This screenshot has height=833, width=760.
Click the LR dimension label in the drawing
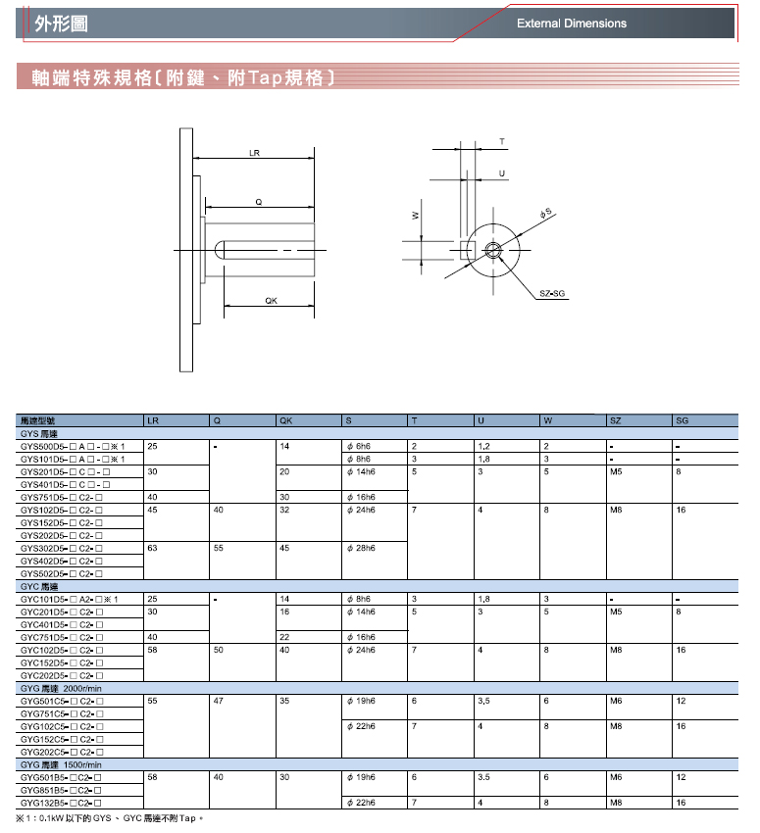click(x=254, y=154)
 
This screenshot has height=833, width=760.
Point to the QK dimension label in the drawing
click(x=270, y=301)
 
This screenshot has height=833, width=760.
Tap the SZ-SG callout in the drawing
click(x=552, y=293)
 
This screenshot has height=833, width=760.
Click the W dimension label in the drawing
click(x=416, y=216)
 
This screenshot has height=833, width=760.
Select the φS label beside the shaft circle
click(x=545, y=213)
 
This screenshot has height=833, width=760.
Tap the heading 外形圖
click(x=54, y=22)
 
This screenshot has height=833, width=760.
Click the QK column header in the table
click(x=286, y=420)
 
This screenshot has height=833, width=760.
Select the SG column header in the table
click(x=682, y=420)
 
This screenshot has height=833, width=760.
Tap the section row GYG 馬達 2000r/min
click(x=61, y=688)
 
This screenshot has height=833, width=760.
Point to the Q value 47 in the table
click(x=218, y=701)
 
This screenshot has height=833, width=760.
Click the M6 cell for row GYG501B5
click(x=615, y=777)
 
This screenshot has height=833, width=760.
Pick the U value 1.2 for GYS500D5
click(x=482, y=446)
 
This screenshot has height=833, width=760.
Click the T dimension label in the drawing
click(x=502, y=142)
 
